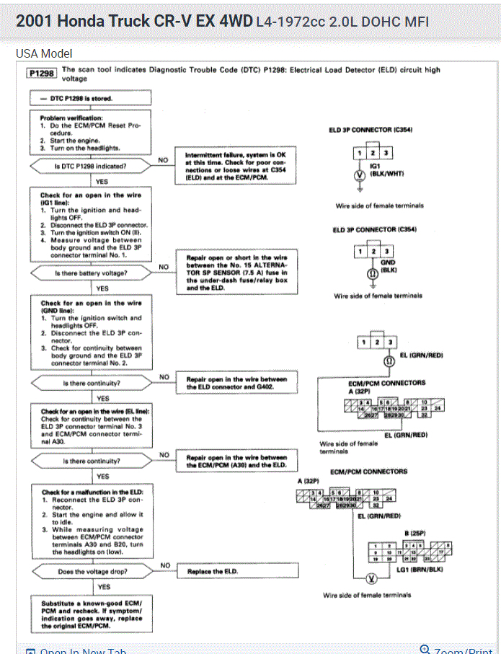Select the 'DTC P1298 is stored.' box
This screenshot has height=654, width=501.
click(x=90, y=98)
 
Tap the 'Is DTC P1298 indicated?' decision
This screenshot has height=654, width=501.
click(x=90, y=167)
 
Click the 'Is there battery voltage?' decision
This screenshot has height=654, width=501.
click(x=90, y=273)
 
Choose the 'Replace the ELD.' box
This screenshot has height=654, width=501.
click(x=238, y=572)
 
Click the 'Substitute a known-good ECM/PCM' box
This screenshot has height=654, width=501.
click(x=91, y=614)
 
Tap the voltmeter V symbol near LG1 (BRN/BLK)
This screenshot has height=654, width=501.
click(x=373, y=578)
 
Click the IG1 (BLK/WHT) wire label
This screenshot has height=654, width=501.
click(x=386, y=169)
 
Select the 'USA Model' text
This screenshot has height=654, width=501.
click(x=44, y=53)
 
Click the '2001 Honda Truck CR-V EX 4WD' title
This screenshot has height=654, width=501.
click(x=133, y=22)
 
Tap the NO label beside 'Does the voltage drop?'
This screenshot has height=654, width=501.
click(x=165, y=565)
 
